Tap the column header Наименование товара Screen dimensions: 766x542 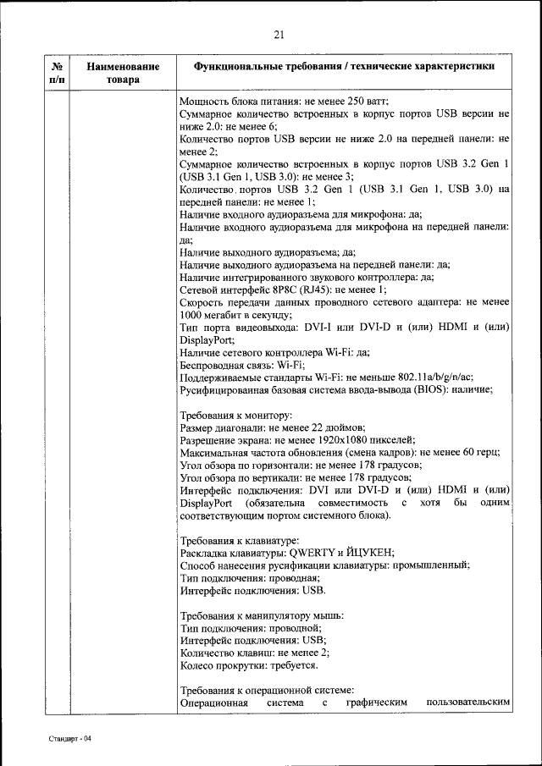[x=123, y=72]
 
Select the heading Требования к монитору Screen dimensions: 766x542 [x=237, y=415]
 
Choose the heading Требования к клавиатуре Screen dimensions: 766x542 [x=241, y=540]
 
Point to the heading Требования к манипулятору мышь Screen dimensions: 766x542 [x=264, y=615]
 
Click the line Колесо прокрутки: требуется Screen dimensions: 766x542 [x=250, y=665]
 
